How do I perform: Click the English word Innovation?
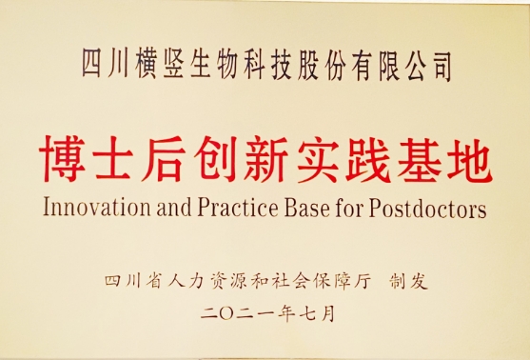[97, 208]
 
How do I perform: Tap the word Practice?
[238, 208]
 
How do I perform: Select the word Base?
[307, 208]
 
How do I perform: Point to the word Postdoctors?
[427, 208]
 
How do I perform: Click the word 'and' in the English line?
[174, 208]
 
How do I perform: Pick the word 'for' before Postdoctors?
[349, 208]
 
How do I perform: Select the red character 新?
[265, 159]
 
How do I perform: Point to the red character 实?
[317, 159]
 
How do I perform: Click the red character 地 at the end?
[469, 159]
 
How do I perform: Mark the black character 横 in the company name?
[146, 66]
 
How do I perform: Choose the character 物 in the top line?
[226, 66]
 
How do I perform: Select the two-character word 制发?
[408, 282]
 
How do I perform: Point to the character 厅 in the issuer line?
[362, 282]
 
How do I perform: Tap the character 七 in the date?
[307, 313]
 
